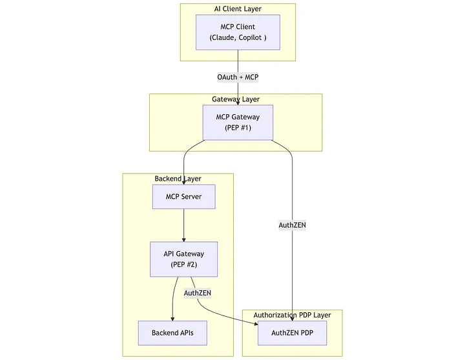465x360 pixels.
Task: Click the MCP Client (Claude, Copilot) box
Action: tap(238, 32)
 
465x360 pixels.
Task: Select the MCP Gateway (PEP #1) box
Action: tap(238, 122)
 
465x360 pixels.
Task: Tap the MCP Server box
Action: tap(183, 197)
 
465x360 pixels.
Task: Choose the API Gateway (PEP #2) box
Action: tap(183, 259)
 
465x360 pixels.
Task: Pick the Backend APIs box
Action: tap(172, 333)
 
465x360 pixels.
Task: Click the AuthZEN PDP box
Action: tap(292, 333)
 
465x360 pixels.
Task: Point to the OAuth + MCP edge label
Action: tap(238, 77)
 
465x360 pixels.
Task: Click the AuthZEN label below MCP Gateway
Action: tap(292, 225)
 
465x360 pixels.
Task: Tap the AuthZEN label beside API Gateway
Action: tap(198, 293)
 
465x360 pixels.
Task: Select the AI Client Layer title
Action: tap(238, 8)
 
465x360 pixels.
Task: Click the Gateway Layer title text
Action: tap(236, 99)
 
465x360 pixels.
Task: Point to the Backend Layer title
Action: tap(178, 178)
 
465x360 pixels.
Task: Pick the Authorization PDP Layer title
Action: tap(292, 315)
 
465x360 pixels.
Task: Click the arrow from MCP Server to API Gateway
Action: tap(184, 225)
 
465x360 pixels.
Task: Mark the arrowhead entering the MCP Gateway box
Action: tap(238, 102)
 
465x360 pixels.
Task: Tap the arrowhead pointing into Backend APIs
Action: tap(172, 318)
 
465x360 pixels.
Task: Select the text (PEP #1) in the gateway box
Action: tap(238, 128)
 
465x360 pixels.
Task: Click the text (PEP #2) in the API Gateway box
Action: tap(183, 265)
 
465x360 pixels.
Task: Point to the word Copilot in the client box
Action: tap(249, 38)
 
